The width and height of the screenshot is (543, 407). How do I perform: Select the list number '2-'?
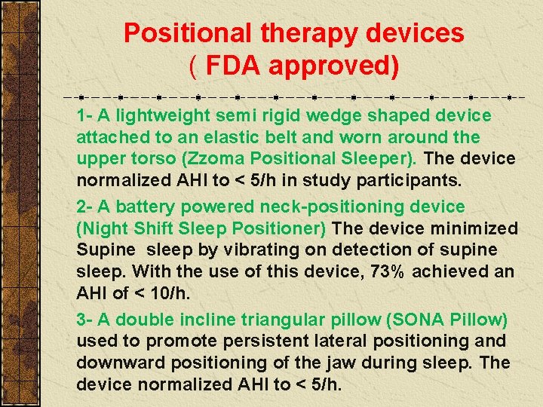[84, 207]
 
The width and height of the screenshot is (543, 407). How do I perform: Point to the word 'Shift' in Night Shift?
[153, 228]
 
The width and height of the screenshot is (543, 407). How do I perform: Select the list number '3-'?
[84, 320]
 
